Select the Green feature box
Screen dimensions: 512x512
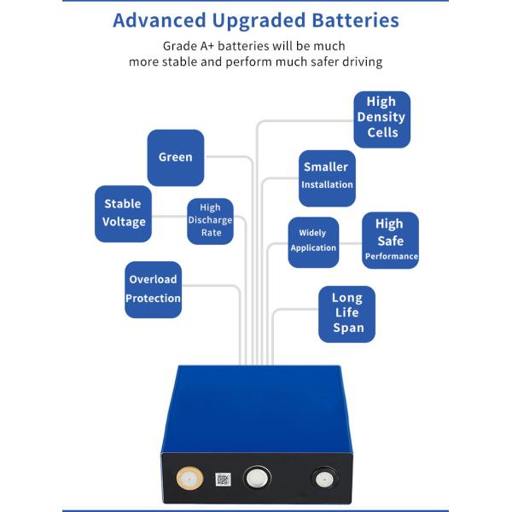coord(176,157)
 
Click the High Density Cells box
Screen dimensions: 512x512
coord(382,119)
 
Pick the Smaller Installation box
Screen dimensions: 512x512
coord(327,177)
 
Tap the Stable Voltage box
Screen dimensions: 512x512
coord(123,213)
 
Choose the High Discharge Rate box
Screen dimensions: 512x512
coord(210,220)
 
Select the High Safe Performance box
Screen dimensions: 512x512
coord(390,240)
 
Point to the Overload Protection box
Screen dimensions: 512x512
coord(154,289)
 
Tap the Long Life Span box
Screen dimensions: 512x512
coord(347,313)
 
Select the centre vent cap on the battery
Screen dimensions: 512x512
coord(255,477)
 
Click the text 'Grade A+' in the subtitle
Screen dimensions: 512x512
coord(190,46)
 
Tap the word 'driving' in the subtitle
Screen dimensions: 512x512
coord(359,62)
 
